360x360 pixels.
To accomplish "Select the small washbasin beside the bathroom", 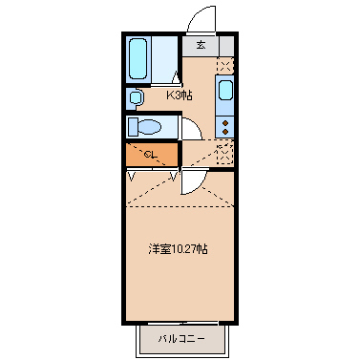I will pyautogui.click(x=136, y=96).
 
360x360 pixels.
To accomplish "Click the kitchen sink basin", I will pyautogui.click(x=225, y=93).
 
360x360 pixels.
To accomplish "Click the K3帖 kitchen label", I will pyautogui.click(x=180, y=95).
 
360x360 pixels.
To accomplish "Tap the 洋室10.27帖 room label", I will pyautogui.click(x=179, y=248).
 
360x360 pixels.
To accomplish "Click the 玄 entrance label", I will pyautogui.click(x=201, y=45).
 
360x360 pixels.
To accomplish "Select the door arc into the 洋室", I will pyautogui.click(x=192, y=184).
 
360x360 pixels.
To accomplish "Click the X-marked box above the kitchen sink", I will pyautogui.click(x=225, y=66).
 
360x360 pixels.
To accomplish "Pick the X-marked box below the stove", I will pyautogui.click(x=225, y=152).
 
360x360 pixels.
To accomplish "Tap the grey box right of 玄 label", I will pyautogui.click(x=225, y=45).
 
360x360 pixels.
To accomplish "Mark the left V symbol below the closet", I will pyautogui.click(x=131, y=176).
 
